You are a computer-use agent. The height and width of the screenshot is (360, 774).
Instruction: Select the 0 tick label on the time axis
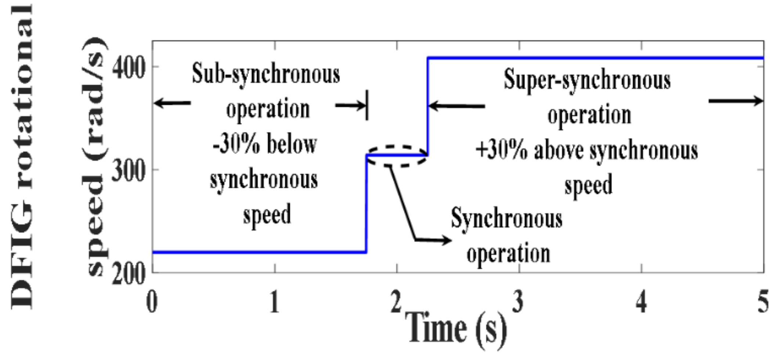(x=152, y=302)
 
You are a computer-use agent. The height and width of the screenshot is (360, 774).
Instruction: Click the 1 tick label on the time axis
(x=274, y=302)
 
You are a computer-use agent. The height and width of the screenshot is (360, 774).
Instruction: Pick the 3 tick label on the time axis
(x=518, y=302)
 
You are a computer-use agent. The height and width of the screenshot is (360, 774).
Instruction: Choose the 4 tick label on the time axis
(x=641, y=302)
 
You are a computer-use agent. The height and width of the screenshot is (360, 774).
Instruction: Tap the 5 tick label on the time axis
(x=763, y=302)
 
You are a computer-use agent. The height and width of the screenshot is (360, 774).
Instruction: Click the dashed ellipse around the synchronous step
(x=397, y=147)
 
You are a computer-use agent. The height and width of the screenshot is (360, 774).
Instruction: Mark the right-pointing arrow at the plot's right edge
(x=736, y=101)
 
